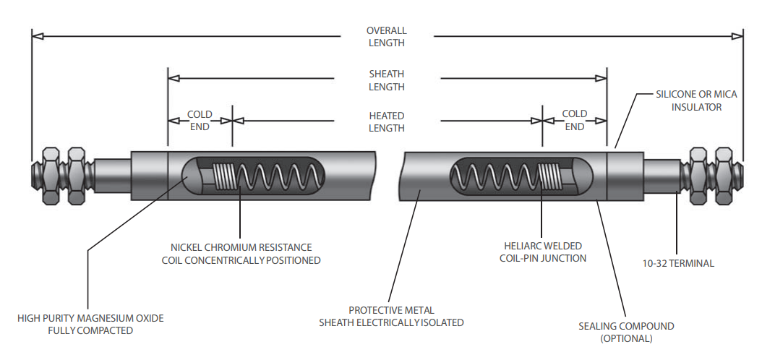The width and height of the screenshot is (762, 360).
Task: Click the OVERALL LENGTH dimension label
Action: [x=386, y=36]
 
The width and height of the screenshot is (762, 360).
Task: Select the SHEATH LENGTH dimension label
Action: [x=386, y=80]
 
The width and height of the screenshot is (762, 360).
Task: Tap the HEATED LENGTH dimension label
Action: [x=386, y=121]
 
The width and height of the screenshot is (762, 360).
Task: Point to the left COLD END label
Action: [x=200, y=120]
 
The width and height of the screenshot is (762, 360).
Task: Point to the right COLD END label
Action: [x=575, y=120]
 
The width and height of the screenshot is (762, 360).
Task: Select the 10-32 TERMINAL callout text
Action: [x=678, y=263]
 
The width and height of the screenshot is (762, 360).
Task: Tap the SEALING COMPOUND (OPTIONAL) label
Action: [x=626, y=332]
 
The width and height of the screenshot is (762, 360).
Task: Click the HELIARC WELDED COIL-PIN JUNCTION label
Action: [x=544, y=252]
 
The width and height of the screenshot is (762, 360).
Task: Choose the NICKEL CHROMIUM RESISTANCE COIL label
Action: [x=241, y=253]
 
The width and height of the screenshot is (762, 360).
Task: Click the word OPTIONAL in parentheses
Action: [x=626, y=338]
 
